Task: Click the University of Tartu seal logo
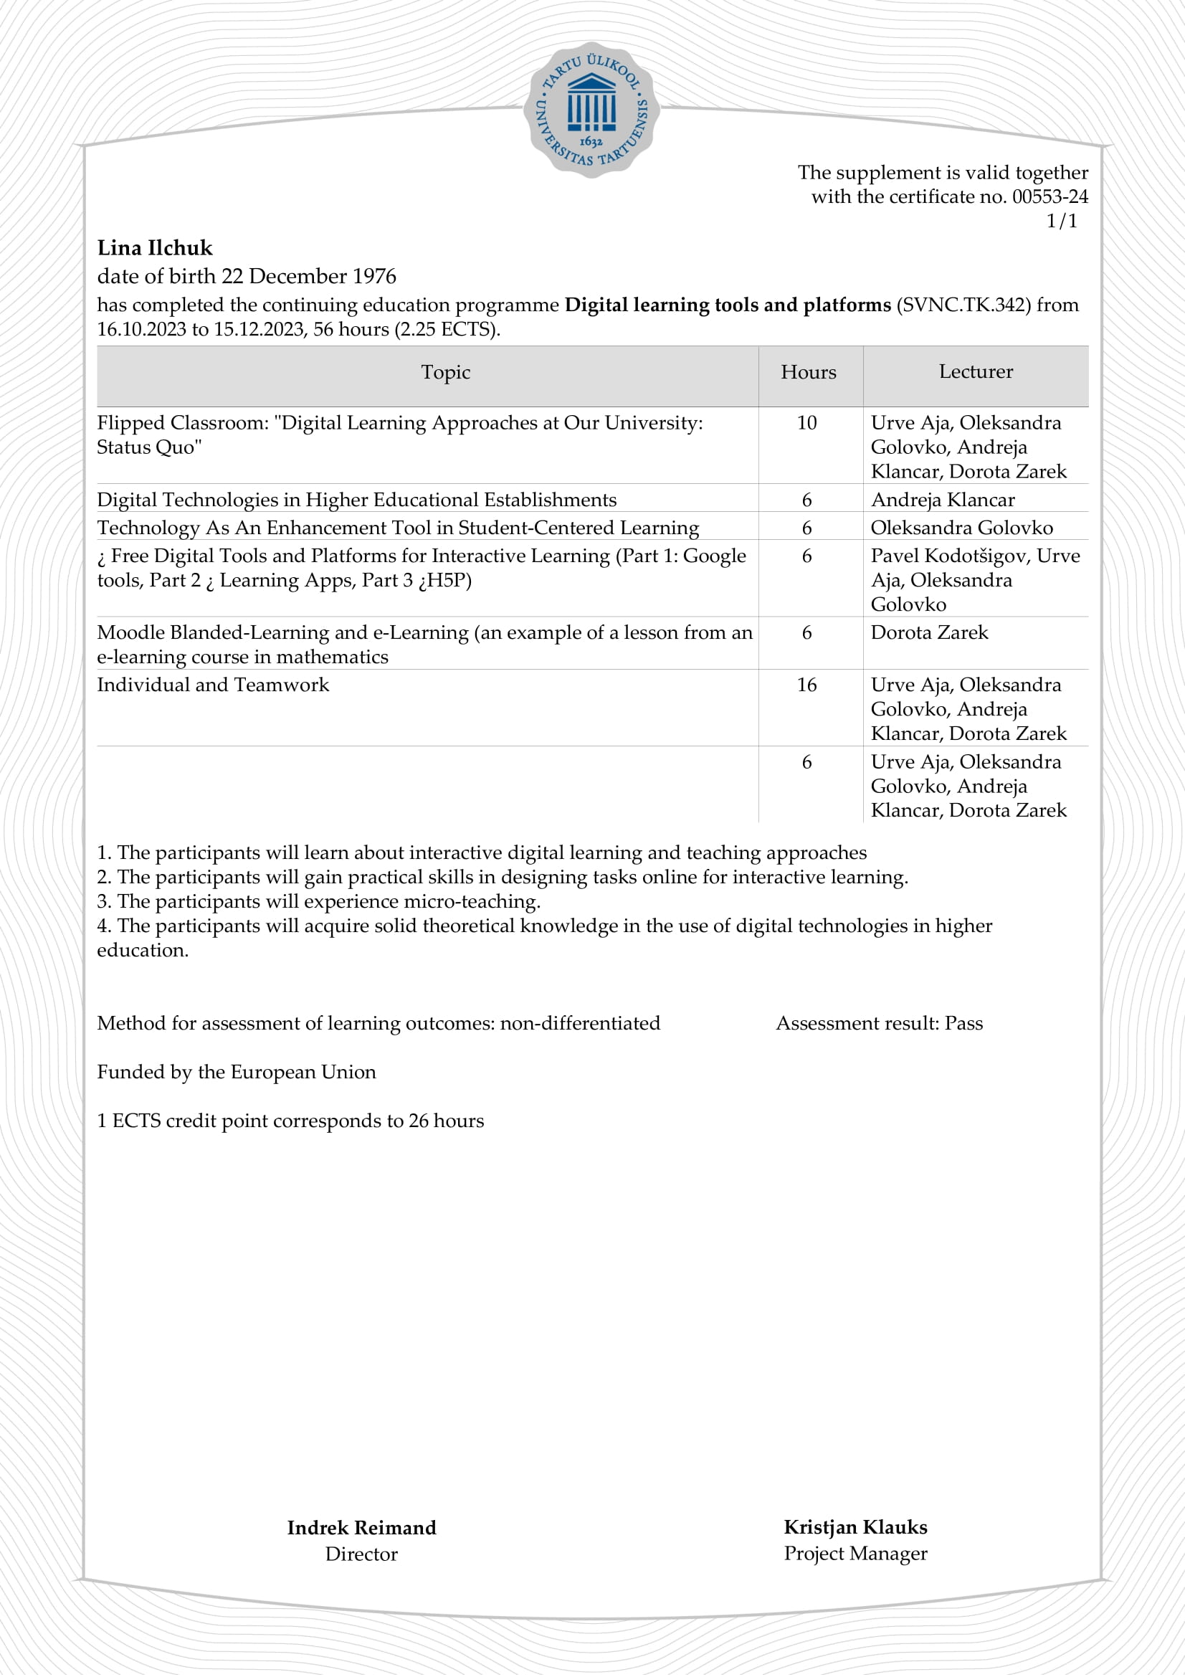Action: click(x=591, y=110)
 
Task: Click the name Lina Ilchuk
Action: click(x=155, y=248)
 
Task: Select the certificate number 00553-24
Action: click(x=1050, y=196)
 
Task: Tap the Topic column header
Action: click(x=445, y=373)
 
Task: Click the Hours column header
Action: click(x=808, y=373)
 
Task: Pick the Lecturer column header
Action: click(x=976, y=372)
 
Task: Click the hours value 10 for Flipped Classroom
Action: click(x=806, y=423)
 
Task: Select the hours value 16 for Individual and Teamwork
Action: click(x=806, y=685)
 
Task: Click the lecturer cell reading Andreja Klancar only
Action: click(x=943, y=500)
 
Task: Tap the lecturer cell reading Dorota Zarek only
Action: click(x=929, y=632)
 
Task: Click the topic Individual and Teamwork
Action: click(x=213, y=685)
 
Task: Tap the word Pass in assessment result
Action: click(x=963, y=1023)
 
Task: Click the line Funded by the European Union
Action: click(x=237, y=1072)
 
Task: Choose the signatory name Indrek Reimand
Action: click(x=361, y=1528)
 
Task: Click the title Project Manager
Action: click(x=856, y=1554)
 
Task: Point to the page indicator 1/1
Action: click(x=1062, y=222)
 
